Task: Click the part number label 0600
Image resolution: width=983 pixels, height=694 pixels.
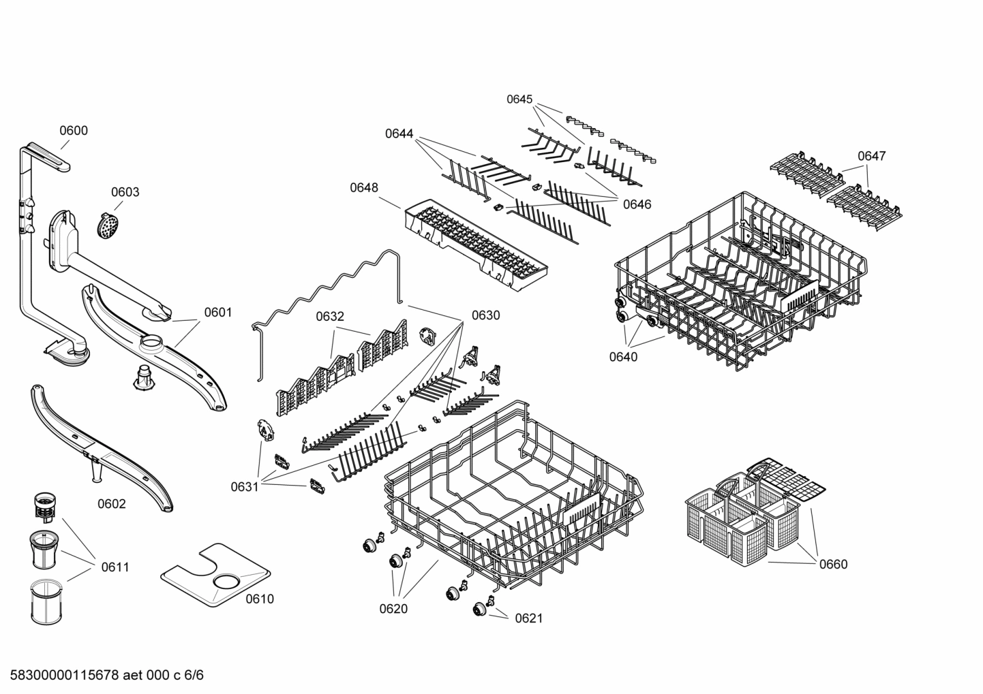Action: [x=73, y=131]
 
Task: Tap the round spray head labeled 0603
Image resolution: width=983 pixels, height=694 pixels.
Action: [x=107, y=224]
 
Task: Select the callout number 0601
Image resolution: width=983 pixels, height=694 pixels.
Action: [x=218, y=313]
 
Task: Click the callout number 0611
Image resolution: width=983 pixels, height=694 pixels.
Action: [x=115, y=567]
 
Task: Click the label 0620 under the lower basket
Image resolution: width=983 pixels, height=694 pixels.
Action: [x=393, y=608]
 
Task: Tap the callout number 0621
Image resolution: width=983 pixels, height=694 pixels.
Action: [x=528, y=618]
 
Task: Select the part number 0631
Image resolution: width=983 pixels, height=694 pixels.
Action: [x=244, y=486]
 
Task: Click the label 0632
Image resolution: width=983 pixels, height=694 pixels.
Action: [x=330, y=317]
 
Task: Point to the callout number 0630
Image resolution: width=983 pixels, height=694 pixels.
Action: [x=485, y=315]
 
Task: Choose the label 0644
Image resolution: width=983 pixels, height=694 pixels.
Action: [x=399, y=133]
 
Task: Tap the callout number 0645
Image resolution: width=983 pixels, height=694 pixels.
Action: [x=519, y=99]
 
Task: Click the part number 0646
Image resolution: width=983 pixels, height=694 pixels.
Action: [x=637, y=204]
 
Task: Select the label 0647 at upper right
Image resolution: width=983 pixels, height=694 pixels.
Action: [x=871, y=156]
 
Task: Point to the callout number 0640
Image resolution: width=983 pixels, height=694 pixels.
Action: [x=623, y=356]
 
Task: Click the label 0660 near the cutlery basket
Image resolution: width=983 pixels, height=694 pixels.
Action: [x=833, y=564]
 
